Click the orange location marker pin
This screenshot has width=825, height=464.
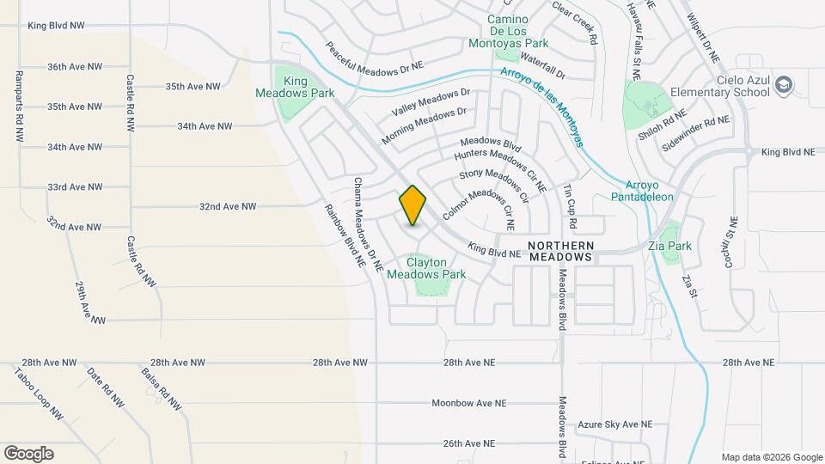[412, 205]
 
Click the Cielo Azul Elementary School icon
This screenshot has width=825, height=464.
[783, 84]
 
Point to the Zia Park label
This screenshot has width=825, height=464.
[670, 246]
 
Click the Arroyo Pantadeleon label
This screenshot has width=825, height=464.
[649, 191]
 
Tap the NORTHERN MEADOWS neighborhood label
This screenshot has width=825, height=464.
[560, 251]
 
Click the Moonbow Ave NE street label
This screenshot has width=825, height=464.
[469, 403]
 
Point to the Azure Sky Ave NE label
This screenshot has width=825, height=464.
[614, 424]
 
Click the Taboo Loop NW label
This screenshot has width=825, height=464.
[40, 394]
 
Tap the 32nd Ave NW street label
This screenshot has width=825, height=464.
[228, 206]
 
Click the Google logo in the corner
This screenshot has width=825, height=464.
[28, 453]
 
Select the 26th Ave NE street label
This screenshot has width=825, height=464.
[469, 443]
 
